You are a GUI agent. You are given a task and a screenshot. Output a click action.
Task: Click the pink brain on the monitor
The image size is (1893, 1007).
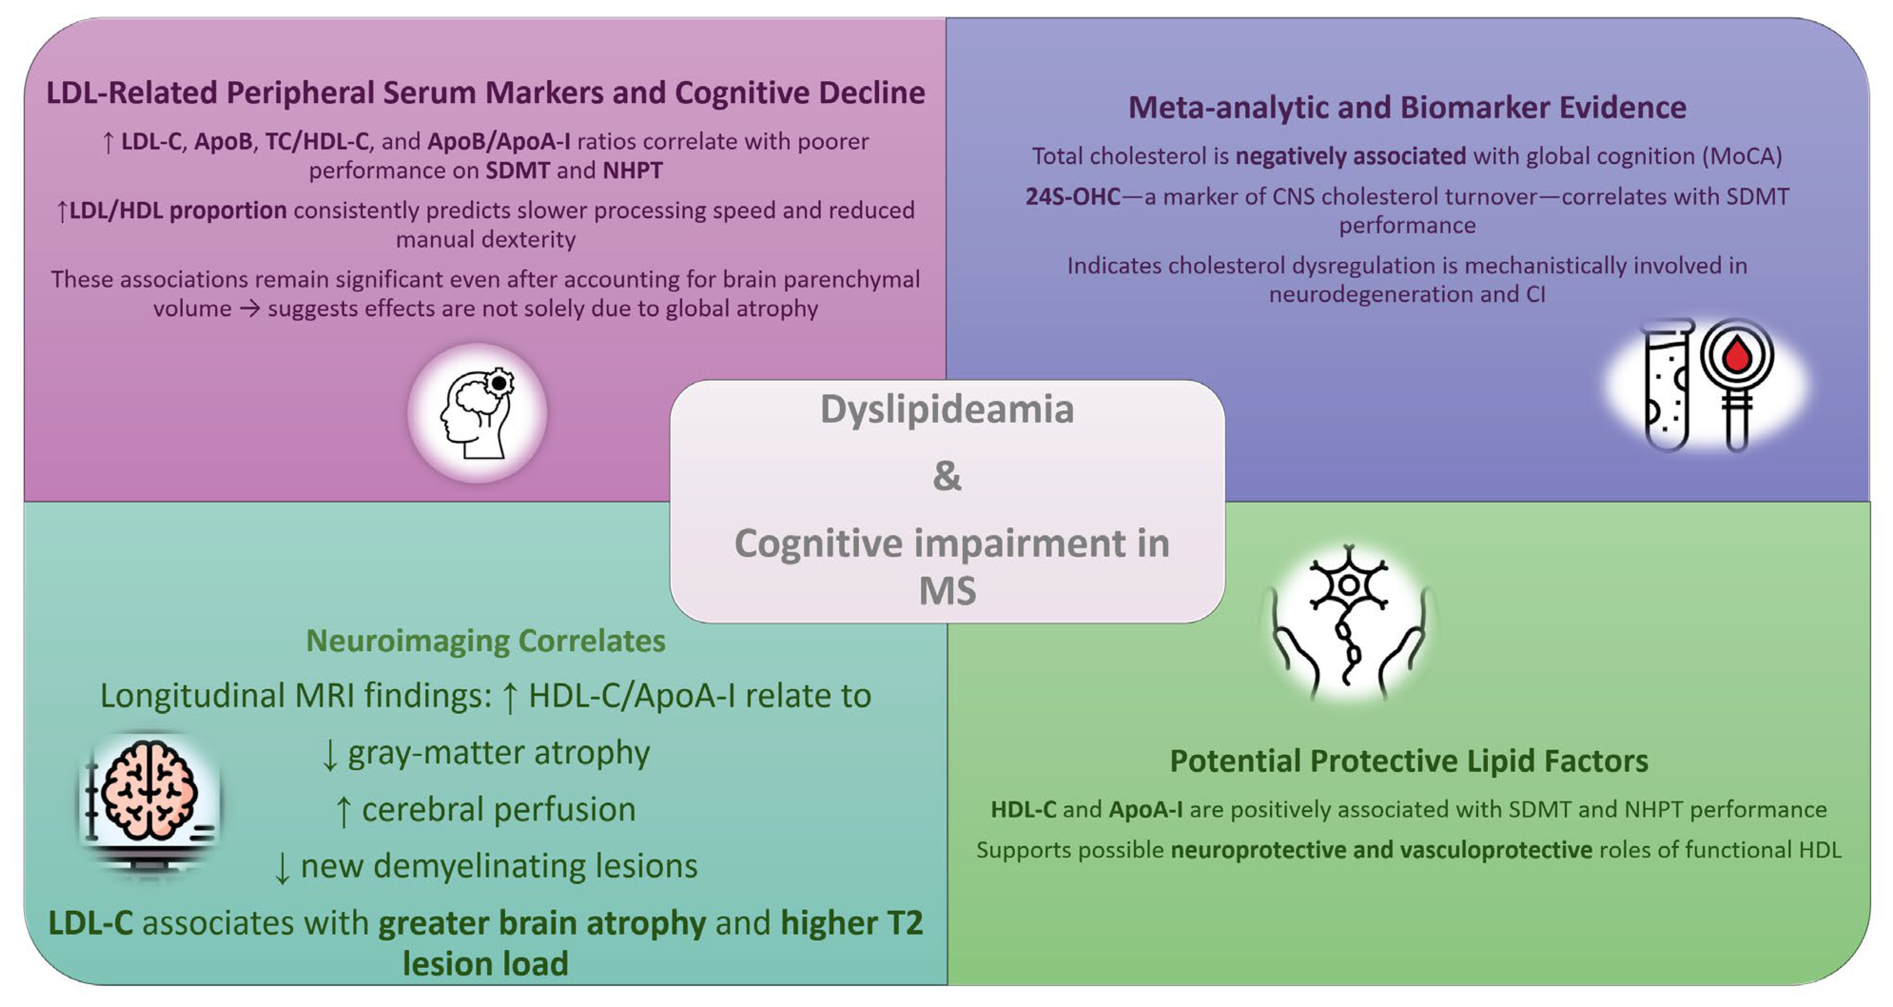(150, 790)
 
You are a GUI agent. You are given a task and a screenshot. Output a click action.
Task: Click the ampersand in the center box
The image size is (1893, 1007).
(946, 476)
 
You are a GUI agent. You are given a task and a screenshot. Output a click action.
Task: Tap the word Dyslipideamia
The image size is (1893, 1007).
(946, 409)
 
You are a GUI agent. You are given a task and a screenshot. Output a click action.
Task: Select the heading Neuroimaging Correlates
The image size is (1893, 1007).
(485, 640)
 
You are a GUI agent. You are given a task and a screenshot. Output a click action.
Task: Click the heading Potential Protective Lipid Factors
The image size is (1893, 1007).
(1408, 761)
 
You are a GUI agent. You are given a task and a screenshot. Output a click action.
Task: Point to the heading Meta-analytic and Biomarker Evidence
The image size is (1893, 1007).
(1406, 108)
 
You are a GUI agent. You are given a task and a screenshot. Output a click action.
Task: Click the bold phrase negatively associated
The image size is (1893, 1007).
(1351, 156)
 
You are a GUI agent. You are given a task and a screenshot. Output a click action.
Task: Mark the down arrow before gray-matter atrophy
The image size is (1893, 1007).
(330, 755)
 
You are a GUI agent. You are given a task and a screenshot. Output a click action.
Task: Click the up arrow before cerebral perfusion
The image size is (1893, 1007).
(343, 811)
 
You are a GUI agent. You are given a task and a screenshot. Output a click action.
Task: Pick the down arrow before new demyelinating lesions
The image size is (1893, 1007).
(282, 868)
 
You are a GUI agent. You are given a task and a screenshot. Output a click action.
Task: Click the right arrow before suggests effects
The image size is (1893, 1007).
(250, 308)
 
